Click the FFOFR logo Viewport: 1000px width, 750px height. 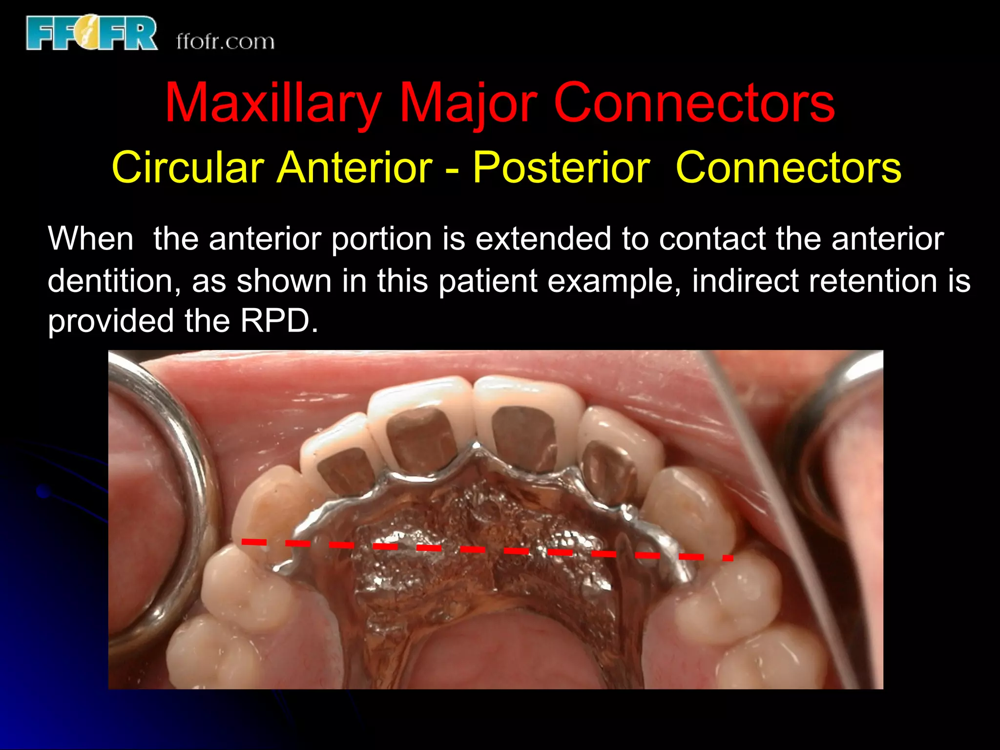click(x=92, y=33)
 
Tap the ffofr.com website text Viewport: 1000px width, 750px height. click(x=225, y=42)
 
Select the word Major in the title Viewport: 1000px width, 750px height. click(x=468, y=104)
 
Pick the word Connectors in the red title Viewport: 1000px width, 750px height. click(x=694, y=104)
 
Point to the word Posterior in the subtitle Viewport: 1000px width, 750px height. click(x=561, y=167)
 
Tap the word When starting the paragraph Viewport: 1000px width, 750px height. click(x=91, y=239)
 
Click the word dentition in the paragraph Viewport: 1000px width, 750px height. click(x=110, y=281)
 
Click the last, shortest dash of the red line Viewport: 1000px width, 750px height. click(x=728, y=558)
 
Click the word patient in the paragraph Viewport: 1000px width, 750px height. click(x=479, y=281)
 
